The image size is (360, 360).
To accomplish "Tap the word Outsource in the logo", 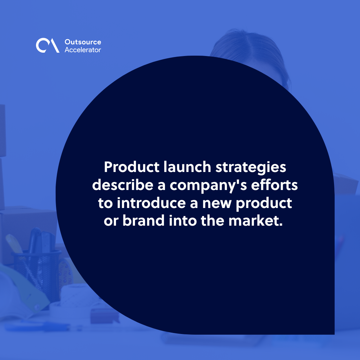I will (x=82, y=42).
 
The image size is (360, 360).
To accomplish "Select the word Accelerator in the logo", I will (x=82, y=50).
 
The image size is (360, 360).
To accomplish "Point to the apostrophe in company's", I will (x=242, y=182).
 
